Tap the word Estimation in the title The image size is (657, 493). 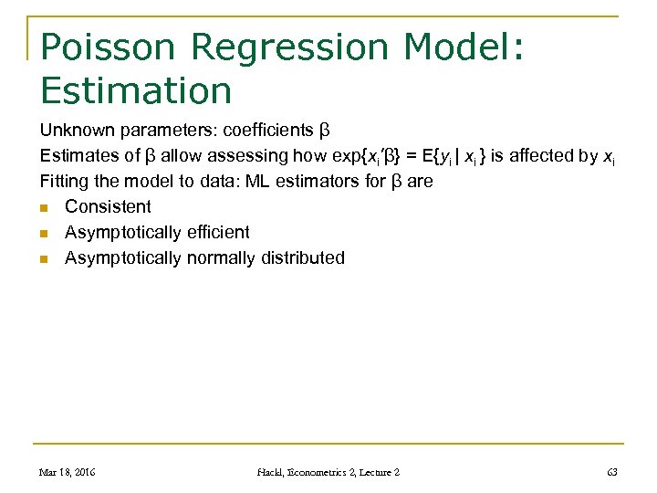pos(136,90)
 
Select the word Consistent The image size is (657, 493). pos(108,206)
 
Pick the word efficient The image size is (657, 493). pos(218,232)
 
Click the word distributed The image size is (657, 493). pos(304,257)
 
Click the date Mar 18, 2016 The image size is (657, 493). pos(68,472)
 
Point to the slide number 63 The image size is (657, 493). pos(611,472)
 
